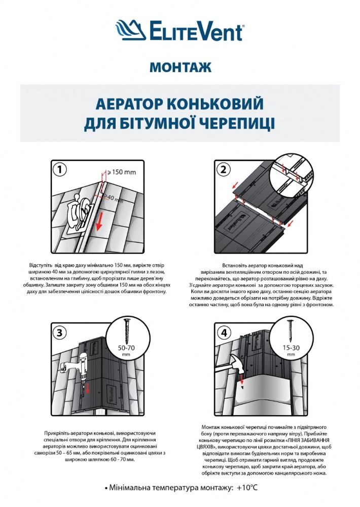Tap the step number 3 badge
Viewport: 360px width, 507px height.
coord(60,333)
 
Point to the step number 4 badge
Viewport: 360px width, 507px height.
coord(222,333)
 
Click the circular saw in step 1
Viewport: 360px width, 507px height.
coord(81,213)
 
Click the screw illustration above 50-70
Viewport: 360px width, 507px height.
coord(127,330)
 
